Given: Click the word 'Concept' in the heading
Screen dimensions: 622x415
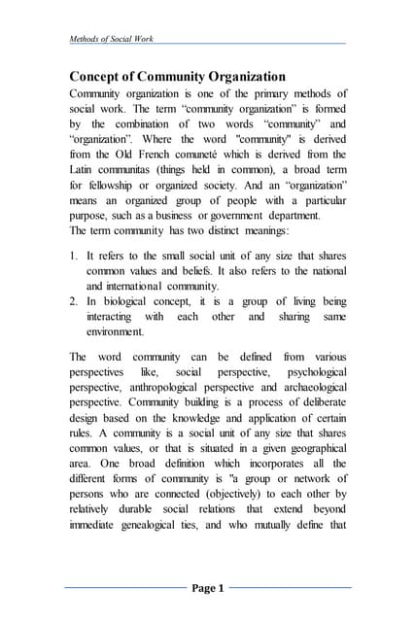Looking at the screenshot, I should click(102, 77).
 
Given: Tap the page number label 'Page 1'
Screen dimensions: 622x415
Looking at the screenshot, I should click(207, 588).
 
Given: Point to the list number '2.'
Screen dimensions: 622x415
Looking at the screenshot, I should click(75, 275).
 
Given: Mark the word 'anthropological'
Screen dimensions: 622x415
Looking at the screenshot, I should click(171, 386).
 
